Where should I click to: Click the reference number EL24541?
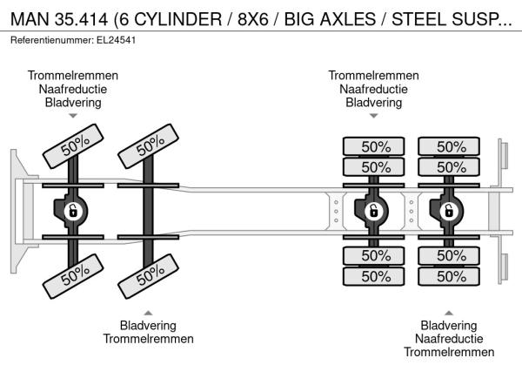[117, 40]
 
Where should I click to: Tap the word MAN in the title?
[30, 19]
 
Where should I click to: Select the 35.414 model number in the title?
[81, 19]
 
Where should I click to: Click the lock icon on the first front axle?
[73, 211]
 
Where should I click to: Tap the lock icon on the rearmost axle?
[448, 211]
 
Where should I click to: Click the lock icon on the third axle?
[373, 211]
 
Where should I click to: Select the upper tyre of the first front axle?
[73, 146]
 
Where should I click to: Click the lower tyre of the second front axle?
[148, 276]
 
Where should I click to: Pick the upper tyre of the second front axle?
[148, 146]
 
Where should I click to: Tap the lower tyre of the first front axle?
[73, 276]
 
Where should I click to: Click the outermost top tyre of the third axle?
[373, 146]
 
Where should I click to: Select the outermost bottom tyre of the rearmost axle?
[449, 276]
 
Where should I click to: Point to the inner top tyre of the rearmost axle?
[449, 167]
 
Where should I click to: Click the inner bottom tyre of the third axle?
[373, 255]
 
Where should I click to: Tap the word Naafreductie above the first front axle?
[73, 89]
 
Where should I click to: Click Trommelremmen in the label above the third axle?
[373, 75]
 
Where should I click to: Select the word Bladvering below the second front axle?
[148, 325]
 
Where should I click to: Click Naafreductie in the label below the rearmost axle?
[449, 339]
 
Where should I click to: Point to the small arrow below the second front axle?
[148, 313]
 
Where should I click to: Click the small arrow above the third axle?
[373, 116]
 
